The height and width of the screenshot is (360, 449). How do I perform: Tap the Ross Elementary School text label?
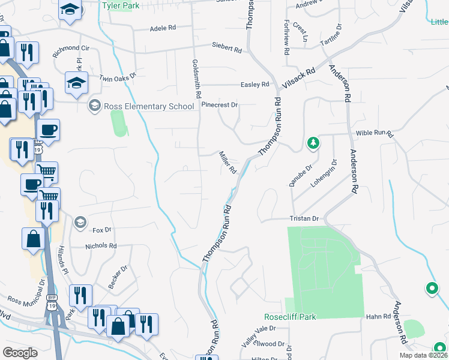coord(149,107)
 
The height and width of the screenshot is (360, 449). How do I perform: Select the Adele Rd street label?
coord(162,28)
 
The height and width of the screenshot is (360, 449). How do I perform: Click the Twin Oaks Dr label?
coord(118,77)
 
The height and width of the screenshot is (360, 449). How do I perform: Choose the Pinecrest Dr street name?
coord(220,105)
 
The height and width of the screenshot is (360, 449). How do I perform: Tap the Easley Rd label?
coord(255,85)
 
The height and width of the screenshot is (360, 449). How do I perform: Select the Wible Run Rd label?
coord(373,132)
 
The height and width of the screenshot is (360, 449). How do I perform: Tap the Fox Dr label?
coord(102,230)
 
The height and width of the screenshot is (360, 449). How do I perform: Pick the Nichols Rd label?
coord(101,246)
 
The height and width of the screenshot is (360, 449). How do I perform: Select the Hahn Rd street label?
coord(378,316)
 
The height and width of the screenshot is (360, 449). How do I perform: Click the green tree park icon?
coord(312,143)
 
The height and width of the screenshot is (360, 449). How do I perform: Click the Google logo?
coord(20,353)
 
